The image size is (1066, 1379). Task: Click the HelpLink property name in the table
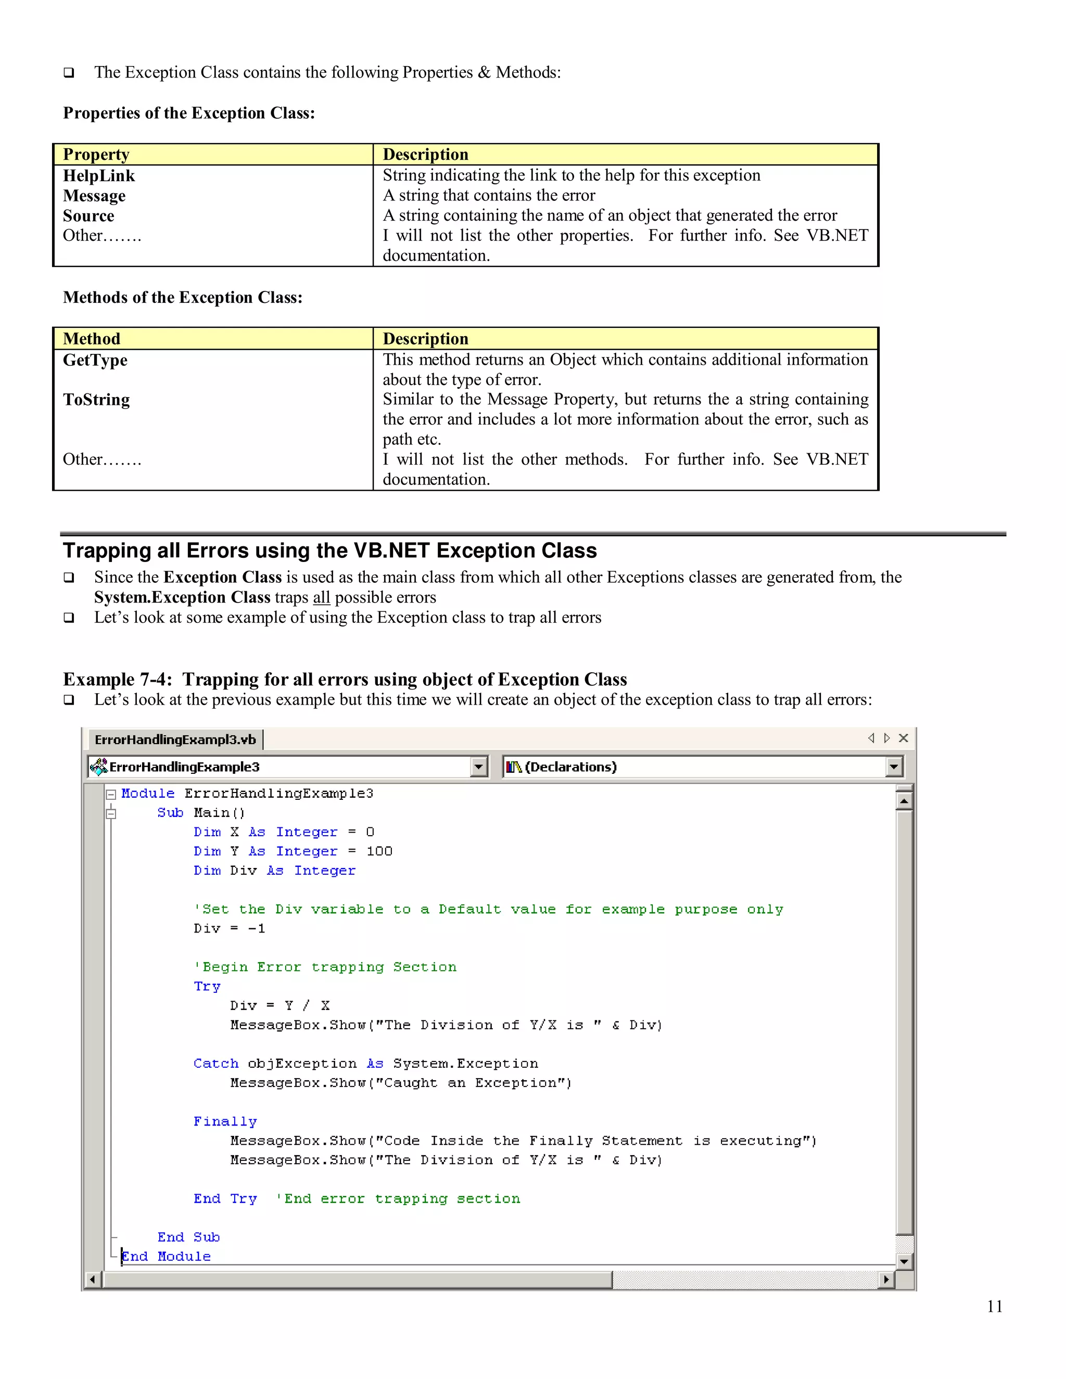click(x=98, y=175)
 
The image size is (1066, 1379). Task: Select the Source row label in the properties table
click(x=88, y=216)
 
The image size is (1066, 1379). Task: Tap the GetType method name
click(x=95, y=360)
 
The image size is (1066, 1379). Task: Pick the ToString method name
click(x=96, y=400)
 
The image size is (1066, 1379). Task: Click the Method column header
click(x=92, y=339)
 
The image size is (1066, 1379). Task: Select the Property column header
click(x=96, y=155)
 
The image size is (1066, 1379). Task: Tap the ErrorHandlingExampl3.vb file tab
click(x=175, y=739)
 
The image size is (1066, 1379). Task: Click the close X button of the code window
click(x=904, y=738)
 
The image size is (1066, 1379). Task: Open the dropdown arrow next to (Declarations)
click(x=894, y=767)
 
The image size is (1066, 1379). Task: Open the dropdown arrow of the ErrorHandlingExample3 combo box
click(x=479, y=767)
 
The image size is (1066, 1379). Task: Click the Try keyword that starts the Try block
click(x=207, y=986)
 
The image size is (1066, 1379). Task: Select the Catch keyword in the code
click(x=216, y=1063)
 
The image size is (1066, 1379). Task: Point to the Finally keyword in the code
click(x=225, y=1121)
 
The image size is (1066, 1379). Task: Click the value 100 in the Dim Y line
click(x=379, y=851)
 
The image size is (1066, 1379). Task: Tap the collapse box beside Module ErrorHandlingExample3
click(x=111, y=794)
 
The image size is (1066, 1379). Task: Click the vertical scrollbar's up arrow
click(x=904, y=801)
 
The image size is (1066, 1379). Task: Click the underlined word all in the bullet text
click(x=322, y=597)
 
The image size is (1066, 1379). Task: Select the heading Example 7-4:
click(x=117, y=680)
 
